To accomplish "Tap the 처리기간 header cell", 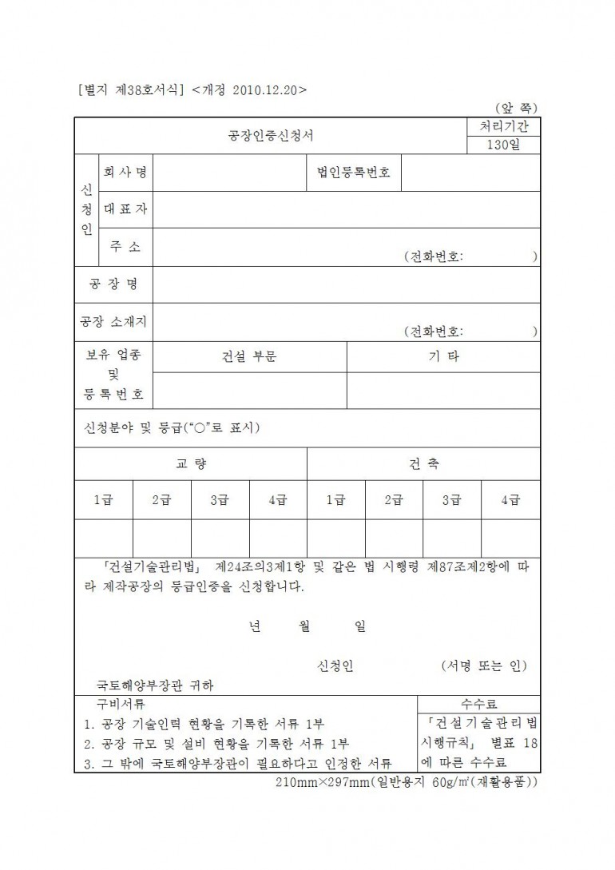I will click(x=503, y=126).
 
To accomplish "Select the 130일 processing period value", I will click(x=503, y=145).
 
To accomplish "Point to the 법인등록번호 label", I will click(x=354, y=173).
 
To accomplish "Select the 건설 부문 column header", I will click(x=249, y=357).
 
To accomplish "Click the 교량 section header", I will click(x=191, y=464).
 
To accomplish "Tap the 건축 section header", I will click(x=423, y=464).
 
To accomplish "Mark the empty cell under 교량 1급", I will click(x=104, y=537).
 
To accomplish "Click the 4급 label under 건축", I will click(x=510, y=500).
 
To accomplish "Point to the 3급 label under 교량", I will click(x=220, y=500).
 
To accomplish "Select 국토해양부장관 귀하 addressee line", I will click(x=156, y=685).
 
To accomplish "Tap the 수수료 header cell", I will click(x=478, y=704).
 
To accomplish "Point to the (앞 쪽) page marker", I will click(x=515, y=107).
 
